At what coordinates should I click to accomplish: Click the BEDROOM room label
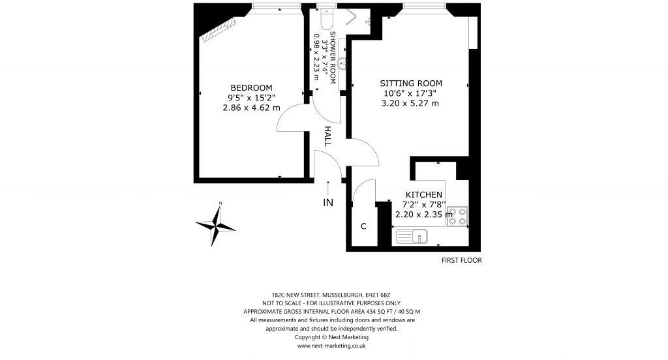[x=251, y=88]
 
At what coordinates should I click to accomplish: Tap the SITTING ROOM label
[x=411, y=83]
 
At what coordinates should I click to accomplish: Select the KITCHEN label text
[x=424, y=195]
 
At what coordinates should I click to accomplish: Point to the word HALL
[x=328, y=136]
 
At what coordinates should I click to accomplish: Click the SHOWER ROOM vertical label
[x=333, y=57]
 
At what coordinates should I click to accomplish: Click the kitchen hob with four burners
[x=457, y=216]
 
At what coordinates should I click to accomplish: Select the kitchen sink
[x=412, y=235]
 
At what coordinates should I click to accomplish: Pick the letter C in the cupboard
[x=363, y=227]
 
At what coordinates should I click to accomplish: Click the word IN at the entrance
[x=328, y=203]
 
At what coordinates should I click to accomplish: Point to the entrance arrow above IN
[x=328, y=187]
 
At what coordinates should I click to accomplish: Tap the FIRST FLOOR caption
[x=461, y=260]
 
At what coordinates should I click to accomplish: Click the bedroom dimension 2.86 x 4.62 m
[x=251, y=108]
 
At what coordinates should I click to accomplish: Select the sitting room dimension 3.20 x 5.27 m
[x=411, y=103]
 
